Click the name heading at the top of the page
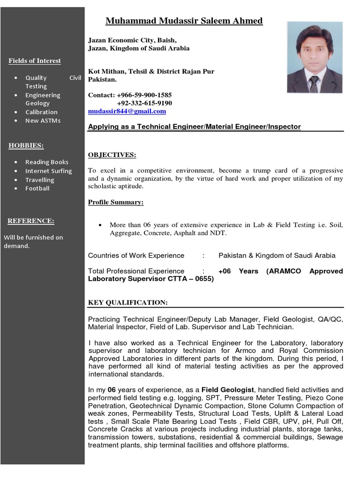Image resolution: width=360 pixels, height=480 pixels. coord(184,21)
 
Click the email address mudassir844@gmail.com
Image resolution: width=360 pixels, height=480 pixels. coord(127,112)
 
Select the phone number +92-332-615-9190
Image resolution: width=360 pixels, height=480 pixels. coord(144,103)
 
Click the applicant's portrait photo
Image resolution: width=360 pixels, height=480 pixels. coord(314,57)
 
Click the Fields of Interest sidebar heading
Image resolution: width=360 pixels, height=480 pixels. coord(35,61)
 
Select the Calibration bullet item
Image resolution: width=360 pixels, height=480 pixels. coord(41,112)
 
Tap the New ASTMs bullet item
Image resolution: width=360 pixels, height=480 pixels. coord(43,120)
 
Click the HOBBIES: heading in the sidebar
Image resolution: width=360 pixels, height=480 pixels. coord(26,146)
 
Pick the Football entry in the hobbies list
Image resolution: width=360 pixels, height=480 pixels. coord(37,188)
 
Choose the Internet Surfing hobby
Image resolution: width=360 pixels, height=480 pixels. coord(48,171)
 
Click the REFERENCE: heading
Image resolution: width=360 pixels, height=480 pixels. coord(31,221)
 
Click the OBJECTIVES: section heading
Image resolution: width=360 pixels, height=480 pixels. coord(112,155)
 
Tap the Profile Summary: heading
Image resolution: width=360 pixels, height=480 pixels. coord(116,202)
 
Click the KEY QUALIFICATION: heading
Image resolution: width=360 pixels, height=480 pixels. coord(127,303)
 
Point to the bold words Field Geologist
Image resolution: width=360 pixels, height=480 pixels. coord(228,390)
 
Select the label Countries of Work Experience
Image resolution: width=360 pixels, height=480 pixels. coord(136,255)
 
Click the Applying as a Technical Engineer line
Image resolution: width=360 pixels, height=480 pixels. coord(194,127)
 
